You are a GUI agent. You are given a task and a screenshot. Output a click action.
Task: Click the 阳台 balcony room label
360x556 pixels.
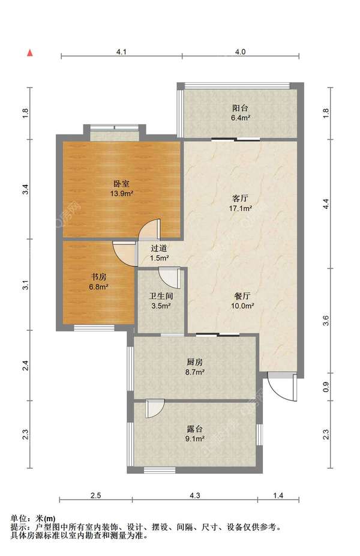(x=241, y=109)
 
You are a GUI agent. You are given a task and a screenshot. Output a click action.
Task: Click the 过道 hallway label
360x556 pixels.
(x=159, y=248)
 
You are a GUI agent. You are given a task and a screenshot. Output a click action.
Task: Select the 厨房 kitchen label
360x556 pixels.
(x=195, y=362)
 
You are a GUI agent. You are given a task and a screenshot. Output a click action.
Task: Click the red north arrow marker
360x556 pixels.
(x=28, y=53)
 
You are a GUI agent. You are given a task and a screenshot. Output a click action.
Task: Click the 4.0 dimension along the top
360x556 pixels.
(x=240, y=52)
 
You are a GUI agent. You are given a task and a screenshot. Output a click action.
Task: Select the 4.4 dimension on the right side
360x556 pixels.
(x=326, y=205)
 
